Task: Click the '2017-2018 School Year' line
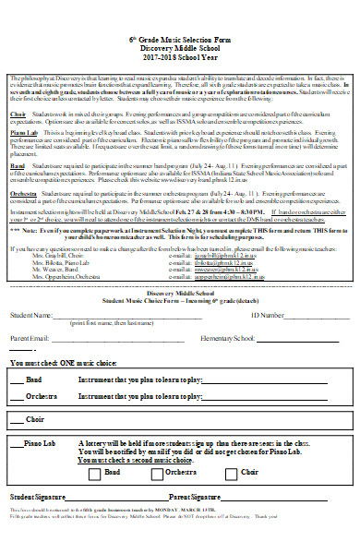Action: coord(180,56)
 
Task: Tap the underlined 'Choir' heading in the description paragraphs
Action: coord(18,114)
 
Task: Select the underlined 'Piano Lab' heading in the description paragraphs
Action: coord(24,133)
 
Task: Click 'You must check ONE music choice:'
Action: coord(65,365)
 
